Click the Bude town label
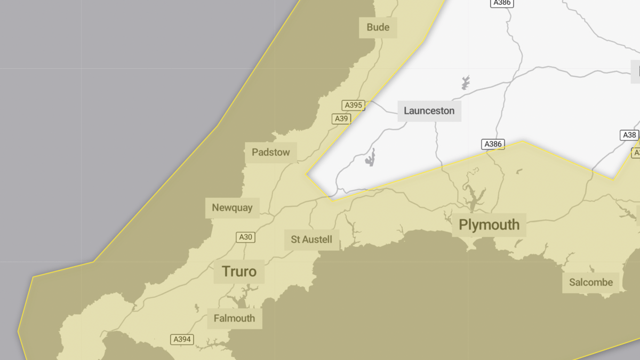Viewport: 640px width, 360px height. tap(378, 27)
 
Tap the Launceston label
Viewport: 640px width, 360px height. tap(429, 111)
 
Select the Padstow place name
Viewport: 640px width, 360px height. tap(271, 153)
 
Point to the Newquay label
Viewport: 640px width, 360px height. tap(232, 207)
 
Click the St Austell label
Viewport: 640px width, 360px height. tap(311, 239)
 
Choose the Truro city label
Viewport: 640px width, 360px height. tap(239, 271)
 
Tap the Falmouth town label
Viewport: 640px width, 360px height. tap(234, 318)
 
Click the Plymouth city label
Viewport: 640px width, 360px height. tap(489, 225)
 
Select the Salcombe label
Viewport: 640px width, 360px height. tap(591, 282)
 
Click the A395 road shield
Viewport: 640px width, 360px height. tap(353, 105)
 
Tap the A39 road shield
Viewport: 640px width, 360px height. tap(341, 118)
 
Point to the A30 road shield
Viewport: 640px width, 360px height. tap(245, 237)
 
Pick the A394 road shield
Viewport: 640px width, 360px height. tap(182, 339)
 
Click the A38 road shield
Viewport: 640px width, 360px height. tap(629, 135)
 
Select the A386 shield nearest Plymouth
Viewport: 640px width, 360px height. tap(493, 144)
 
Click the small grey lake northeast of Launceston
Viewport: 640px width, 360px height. tap(466, 82)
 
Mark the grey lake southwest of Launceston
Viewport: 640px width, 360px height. tap(370, 158)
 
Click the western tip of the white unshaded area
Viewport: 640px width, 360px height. tap(307, 173)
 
